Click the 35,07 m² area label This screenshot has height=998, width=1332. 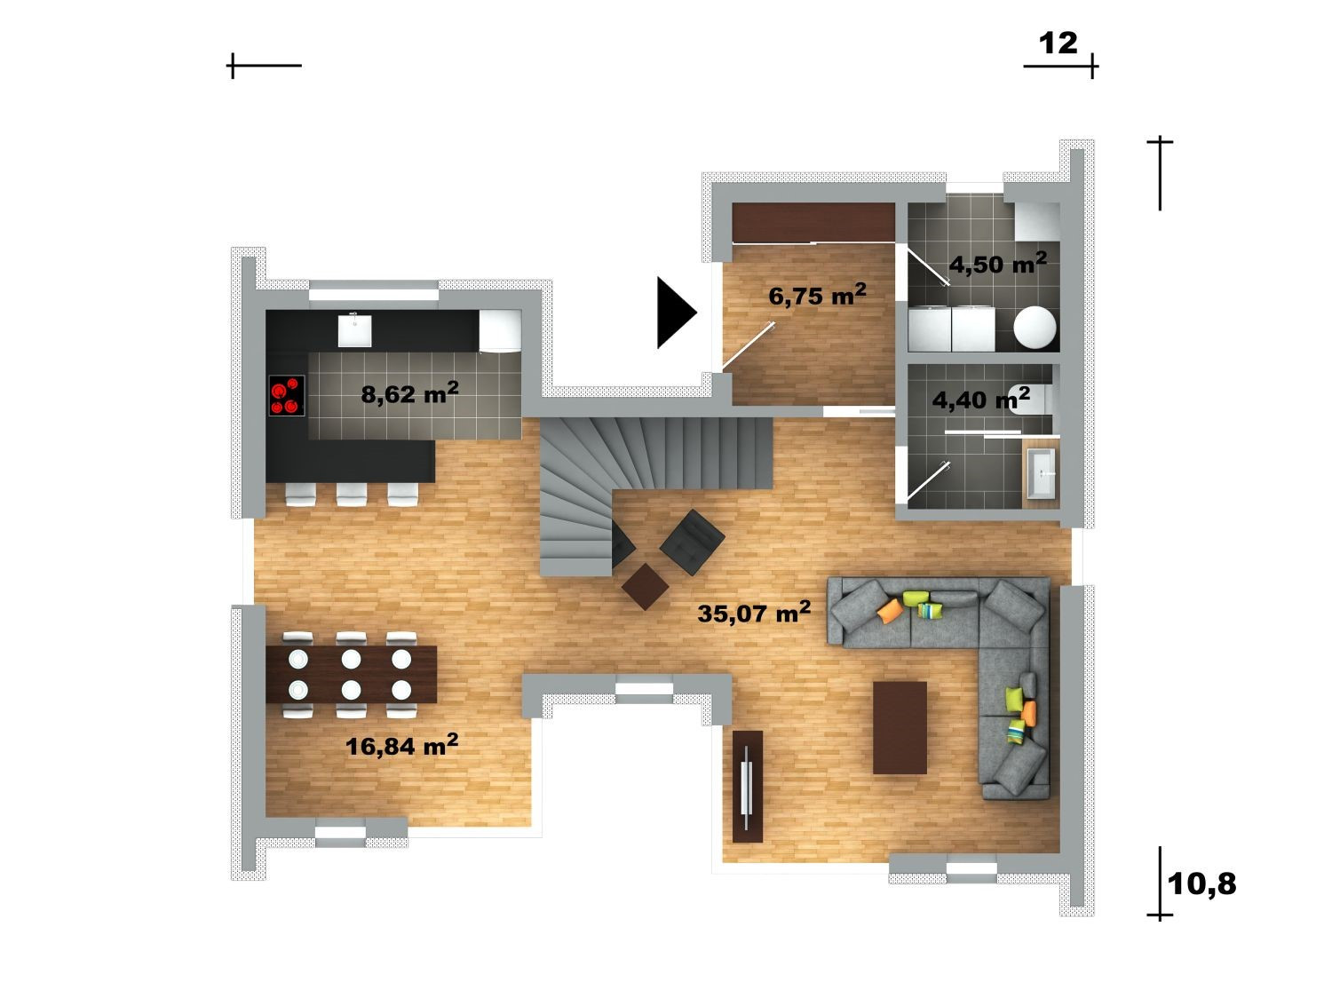[x=754, y=612]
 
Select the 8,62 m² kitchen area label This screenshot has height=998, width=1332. [x=409, y=393]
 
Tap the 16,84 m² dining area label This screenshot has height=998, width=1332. [x=401, y=745]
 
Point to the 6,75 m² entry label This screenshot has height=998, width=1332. [x=817, y=295]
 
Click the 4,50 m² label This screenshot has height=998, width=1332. [x=997, y=264]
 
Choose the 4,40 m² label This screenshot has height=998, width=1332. [x=980, y=399]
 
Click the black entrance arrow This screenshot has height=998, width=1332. [x=677, y=313]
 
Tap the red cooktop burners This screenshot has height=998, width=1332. [x=287, y=396]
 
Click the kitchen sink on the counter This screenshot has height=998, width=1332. [x=354, y=330]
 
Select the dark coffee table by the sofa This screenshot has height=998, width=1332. [x=900, y=728]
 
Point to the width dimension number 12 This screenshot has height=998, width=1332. [x=1058, y=44]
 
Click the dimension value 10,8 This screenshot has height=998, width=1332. [x=1201, y=884]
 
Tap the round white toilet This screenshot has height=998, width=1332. [x=1035, y=327]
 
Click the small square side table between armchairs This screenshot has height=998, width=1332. [x=645, y=586]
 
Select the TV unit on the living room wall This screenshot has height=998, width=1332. [x=747, y=787]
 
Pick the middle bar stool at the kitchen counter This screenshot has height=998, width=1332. [x=352, y=495]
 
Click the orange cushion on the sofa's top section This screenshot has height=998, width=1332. [x=890, y=610]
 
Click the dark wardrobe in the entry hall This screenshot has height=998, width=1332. [x=813, y=223]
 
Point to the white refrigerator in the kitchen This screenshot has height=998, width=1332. [x=500, y=330]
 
